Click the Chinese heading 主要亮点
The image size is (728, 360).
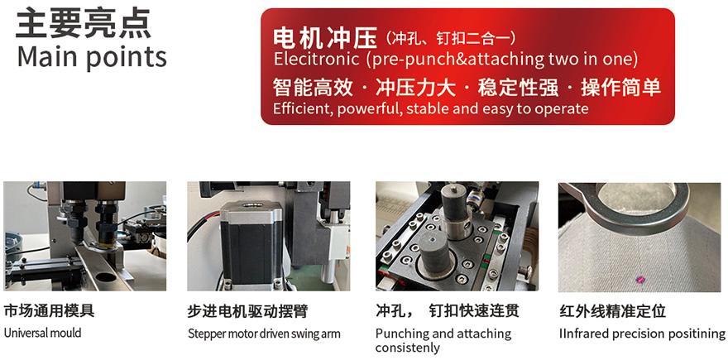(x=84, y=23)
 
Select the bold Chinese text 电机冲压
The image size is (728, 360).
(x=324, y=38)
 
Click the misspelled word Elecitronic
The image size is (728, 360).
(x=316, y=59)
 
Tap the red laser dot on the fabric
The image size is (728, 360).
(x=640, y=279)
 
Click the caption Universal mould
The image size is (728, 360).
(x=42, y=333)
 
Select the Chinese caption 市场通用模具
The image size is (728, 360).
(x=49, y=310)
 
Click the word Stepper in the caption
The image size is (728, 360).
(x=204, y=334)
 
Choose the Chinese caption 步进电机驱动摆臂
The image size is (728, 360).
(x=248, y=311)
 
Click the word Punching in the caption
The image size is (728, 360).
(x=402, y=334)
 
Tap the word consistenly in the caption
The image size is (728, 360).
(x=407, y=348)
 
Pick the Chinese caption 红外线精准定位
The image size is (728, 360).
(x=613, y=311)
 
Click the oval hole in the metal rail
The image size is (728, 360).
(x=107, y=278)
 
